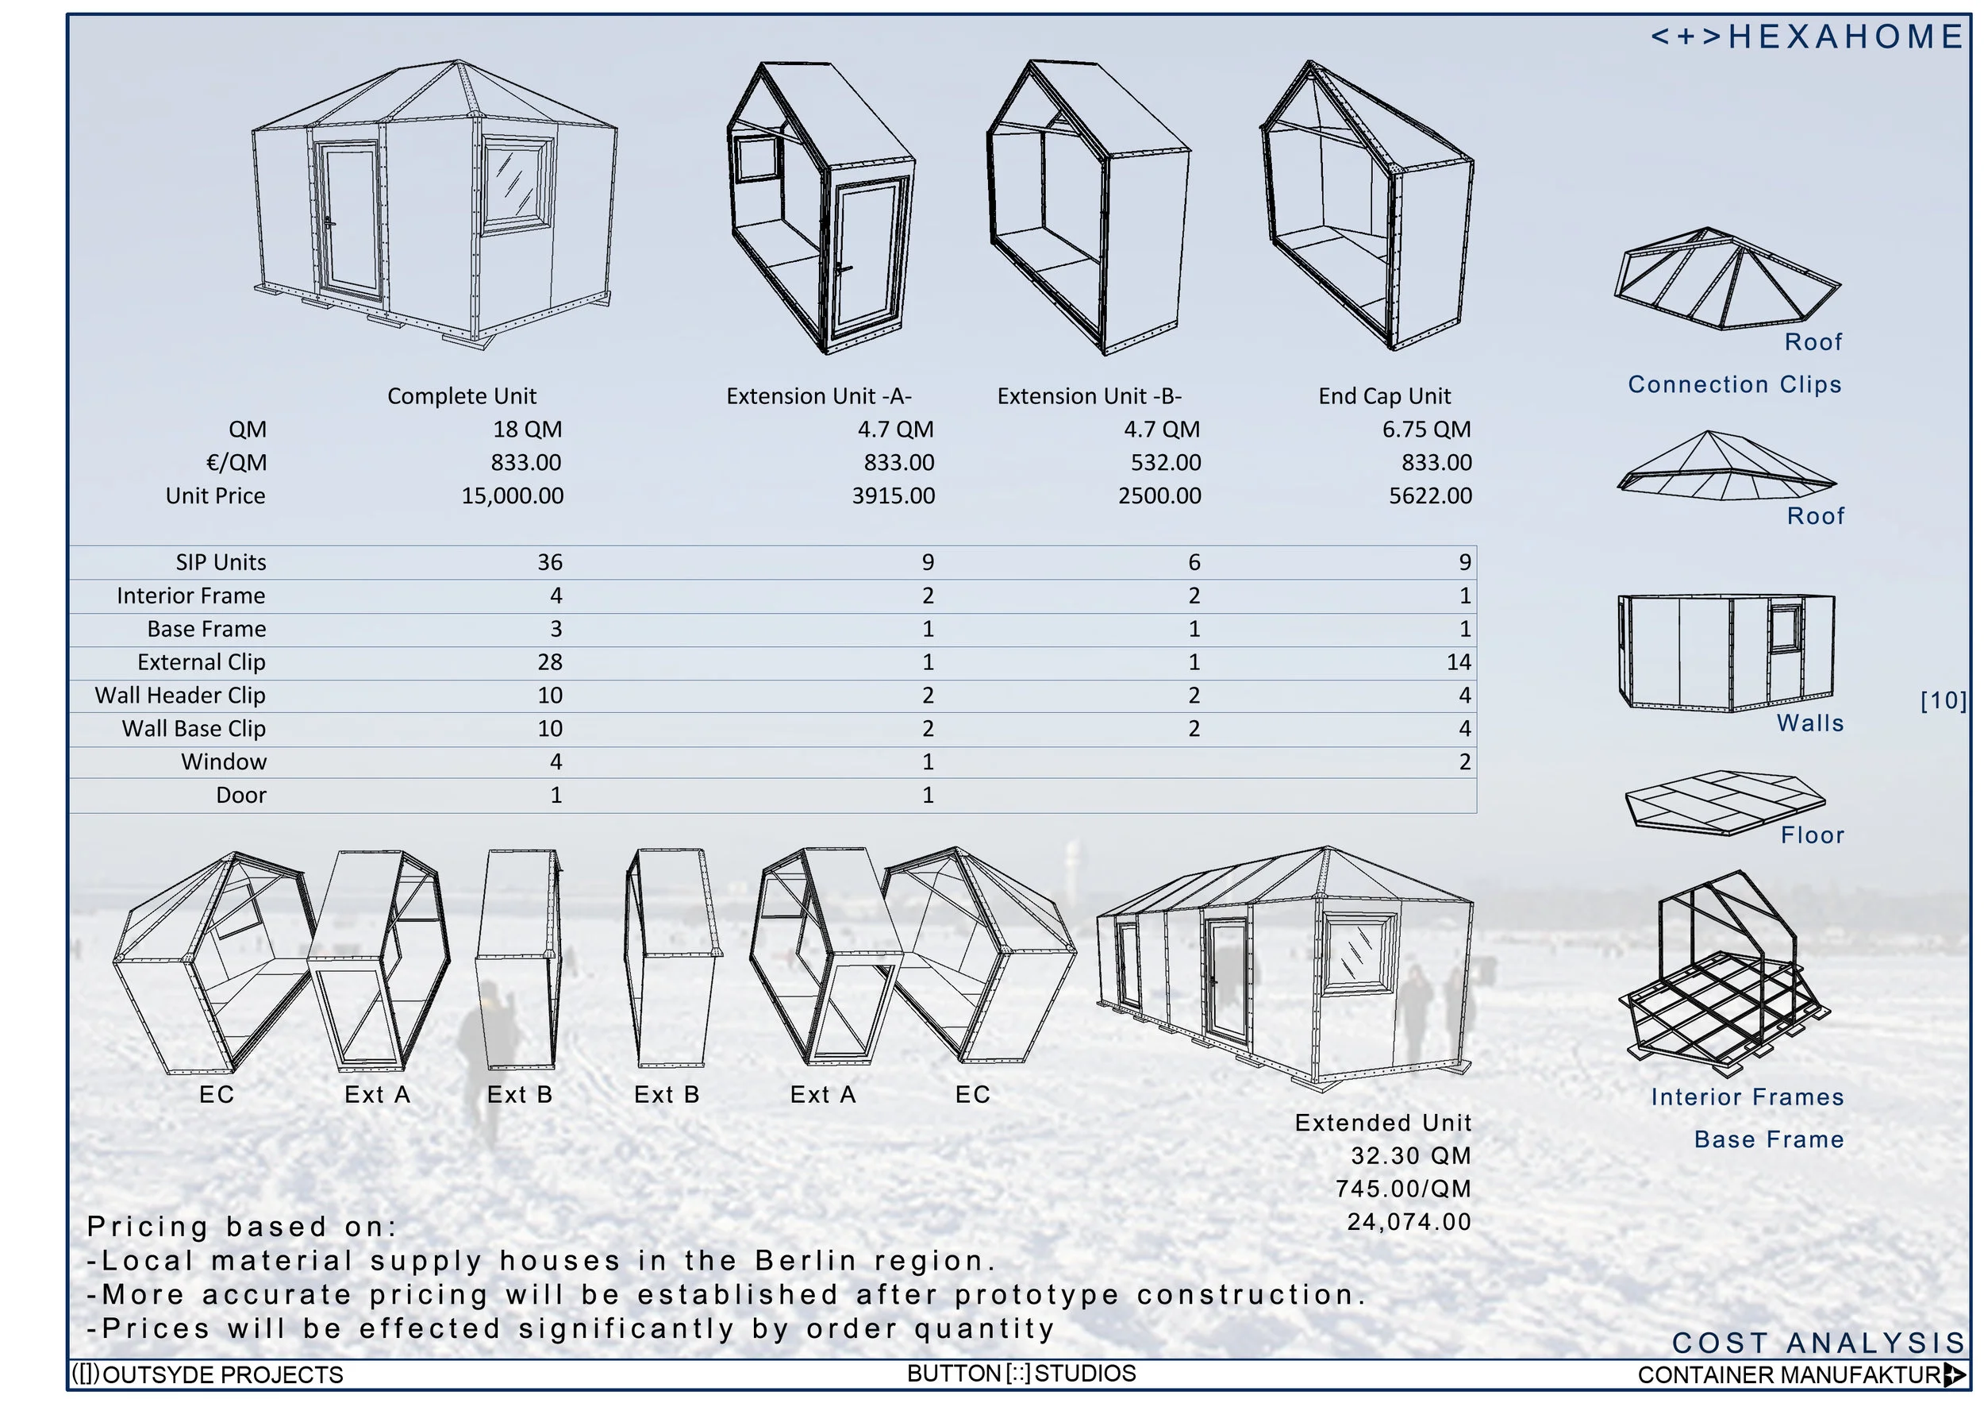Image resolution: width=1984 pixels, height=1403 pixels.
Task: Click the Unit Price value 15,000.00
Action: click(x=512, y=496)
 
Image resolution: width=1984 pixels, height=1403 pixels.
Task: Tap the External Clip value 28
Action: click(x=550, y=662)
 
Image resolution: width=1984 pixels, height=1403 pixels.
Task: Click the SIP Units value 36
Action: click(x=550, y=563)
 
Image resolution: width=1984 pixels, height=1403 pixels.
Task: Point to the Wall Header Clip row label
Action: click(x=179, y=696)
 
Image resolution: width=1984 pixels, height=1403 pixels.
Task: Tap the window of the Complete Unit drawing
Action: click(x=517, y=184)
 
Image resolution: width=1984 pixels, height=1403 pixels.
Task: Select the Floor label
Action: click(x=1812, y=835)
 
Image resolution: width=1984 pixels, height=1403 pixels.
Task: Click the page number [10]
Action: click(x=1943, y=700)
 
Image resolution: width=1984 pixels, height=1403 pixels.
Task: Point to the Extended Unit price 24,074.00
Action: click(x=1409, y=1221)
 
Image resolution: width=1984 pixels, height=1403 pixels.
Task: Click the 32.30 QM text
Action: click(x=1410, y=1156)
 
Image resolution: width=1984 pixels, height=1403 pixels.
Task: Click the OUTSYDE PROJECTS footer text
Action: click(x=207, y=1374)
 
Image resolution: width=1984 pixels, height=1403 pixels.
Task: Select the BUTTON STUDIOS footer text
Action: click(x=1021, y=1374)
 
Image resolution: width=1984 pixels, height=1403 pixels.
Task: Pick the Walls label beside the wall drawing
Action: click(x=1809, y=723)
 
